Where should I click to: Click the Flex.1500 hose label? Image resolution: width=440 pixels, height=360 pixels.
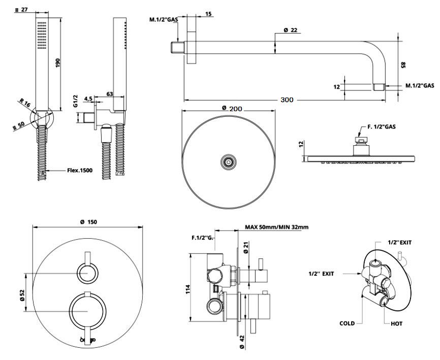(80, 171)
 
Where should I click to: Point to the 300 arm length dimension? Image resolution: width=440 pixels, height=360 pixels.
(287, 100)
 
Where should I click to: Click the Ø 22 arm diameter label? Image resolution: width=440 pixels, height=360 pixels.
(291, 30)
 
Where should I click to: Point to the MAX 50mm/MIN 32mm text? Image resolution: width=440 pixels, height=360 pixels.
(276, 227)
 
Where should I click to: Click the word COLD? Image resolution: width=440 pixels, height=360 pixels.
(348, 323)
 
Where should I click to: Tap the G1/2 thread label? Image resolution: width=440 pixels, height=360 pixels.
(75, 101)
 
